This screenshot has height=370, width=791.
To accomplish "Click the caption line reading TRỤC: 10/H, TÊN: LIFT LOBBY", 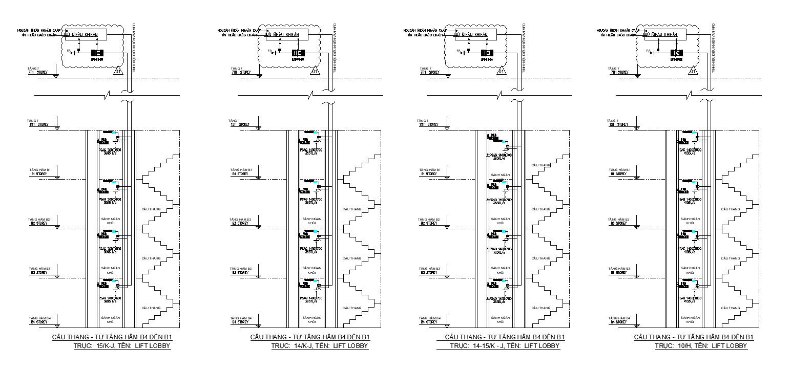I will [701, 346].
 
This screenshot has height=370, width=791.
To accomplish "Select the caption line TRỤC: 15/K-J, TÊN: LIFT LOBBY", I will [122, 346].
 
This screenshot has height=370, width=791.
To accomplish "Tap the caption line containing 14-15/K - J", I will [505, 346].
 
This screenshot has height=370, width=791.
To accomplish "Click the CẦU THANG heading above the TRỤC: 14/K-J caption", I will [310, 337].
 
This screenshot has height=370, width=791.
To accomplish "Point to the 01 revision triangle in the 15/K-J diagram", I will [118, 71].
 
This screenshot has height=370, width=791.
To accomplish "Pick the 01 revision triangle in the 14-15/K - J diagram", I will [502, 71].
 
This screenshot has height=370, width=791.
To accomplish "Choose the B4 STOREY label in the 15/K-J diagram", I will [39, 322].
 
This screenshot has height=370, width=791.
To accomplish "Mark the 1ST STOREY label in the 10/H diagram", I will [618, 125].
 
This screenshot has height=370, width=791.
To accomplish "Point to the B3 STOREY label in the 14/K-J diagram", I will [240, 273].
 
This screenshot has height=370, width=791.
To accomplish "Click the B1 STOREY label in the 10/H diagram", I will [618, 174].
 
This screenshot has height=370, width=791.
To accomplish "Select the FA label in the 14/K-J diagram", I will [270, 50].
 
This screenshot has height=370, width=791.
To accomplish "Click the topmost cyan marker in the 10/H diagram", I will [694, 133].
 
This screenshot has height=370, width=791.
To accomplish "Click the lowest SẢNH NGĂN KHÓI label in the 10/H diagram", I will [690, 320].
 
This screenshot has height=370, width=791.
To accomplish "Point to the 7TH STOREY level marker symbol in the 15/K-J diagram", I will [56, 76].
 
